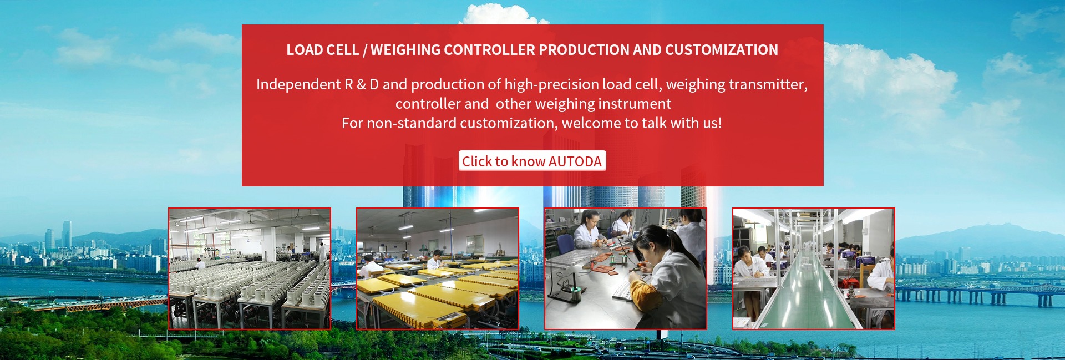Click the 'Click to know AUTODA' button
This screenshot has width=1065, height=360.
tap(532, 161)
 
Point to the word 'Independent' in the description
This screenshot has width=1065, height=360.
tap(298, 84)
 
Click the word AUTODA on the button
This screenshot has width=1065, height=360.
tap(575, 161)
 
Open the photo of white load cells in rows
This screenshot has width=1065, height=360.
tap(250, 268)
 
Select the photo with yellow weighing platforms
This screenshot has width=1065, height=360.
tap(438, 268)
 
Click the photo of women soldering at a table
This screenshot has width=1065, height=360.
tap(626, 268)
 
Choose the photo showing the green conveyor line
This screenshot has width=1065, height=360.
tap(814, 268)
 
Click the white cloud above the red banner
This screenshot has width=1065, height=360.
tap(502, 14)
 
